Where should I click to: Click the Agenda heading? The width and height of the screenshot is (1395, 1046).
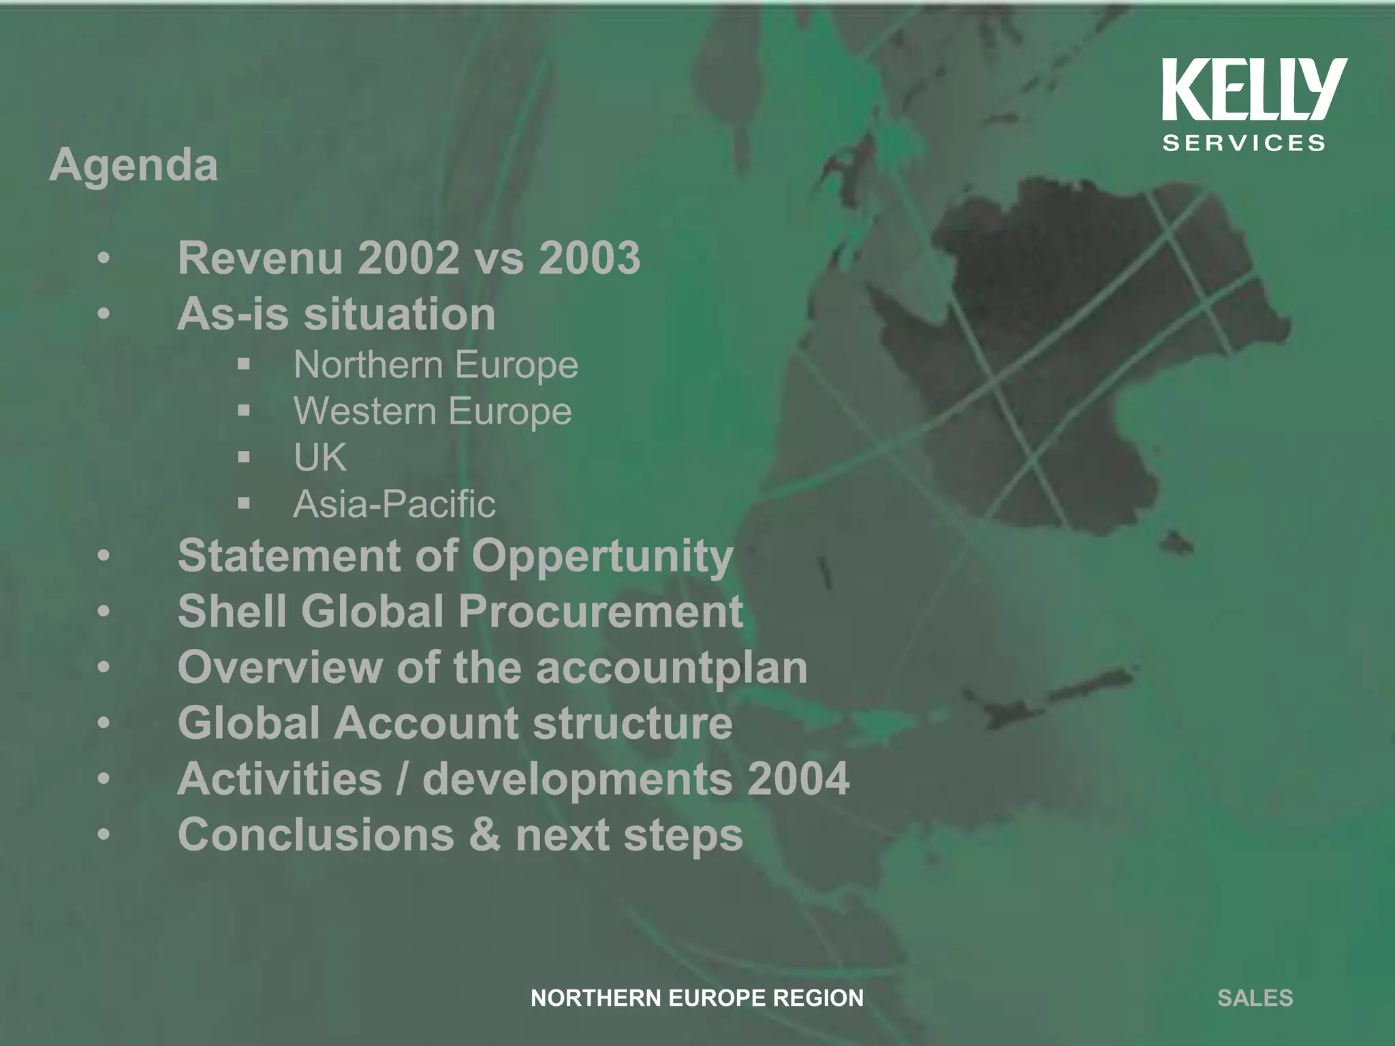click(134, 165)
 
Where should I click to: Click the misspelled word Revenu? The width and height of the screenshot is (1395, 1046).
click(260, 258)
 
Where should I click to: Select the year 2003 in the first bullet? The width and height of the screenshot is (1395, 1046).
click(589, 258)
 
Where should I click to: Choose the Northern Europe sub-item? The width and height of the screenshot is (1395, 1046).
click(436, 365)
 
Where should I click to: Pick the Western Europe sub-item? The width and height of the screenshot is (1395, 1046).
click(433, 411)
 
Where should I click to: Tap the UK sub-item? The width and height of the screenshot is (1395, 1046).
click(320, 457)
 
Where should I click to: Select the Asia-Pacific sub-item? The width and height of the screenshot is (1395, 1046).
click(394, 504)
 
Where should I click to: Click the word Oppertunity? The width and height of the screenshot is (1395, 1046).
click(602, 556)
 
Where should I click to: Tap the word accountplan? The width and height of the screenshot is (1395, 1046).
click(672, 667)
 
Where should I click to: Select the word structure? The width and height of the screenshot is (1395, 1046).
click(633, 723)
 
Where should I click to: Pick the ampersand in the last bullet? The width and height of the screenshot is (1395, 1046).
click(484, 834)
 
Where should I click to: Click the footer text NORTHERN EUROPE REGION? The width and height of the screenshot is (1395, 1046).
click(697, 998)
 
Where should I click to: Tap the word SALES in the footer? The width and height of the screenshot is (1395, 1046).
click(1255, 998)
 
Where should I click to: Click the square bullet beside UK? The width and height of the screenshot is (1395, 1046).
click(245, 457)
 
